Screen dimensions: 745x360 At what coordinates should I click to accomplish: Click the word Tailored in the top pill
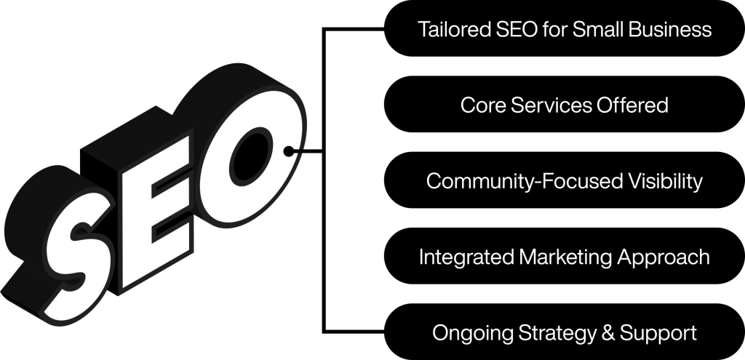[x=454, y=29]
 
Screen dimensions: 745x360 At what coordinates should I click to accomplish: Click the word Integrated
[x=466, y=257]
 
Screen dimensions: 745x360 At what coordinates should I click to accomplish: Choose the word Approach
[x=664, y=257]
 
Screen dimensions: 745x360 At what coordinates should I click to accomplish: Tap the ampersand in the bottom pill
[x=607, y=333]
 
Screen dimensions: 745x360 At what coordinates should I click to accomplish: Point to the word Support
[x=658, y=333]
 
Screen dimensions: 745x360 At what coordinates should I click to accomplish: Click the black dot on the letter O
[x=288, y=151]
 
